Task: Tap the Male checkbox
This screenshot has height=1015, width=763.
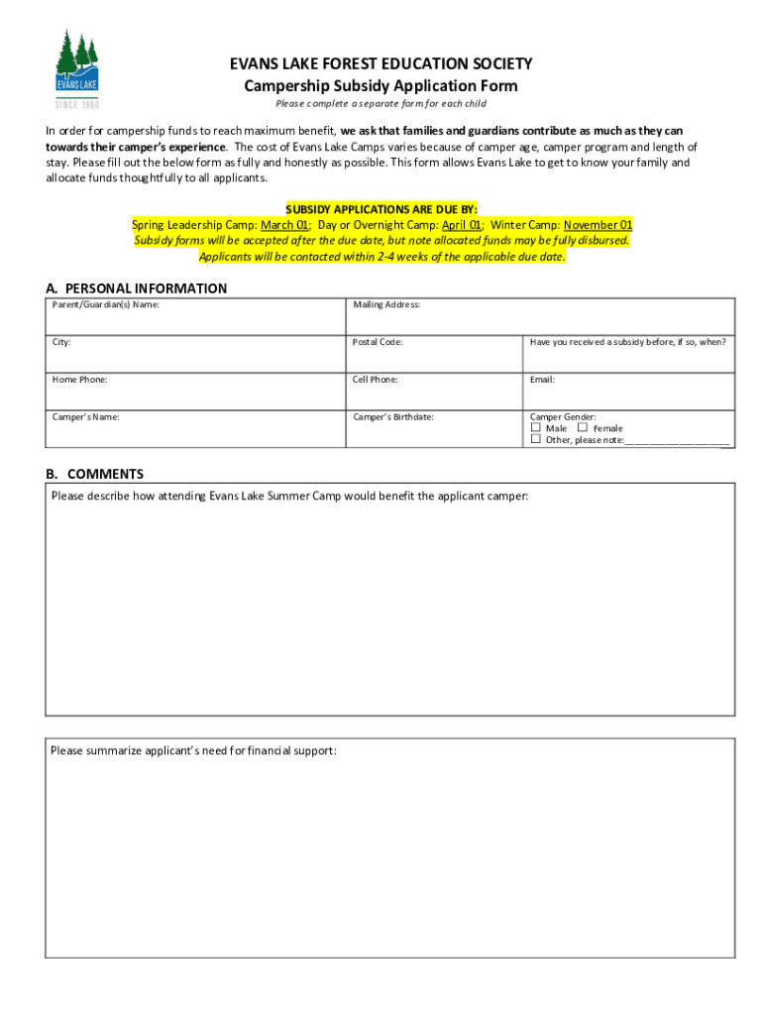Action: [x=536, y=428]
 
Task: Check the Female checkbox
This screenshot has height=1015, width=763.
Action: [x=583, y=428]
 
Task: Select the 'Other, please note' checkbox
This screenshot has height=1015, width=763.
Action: [x=536, y=439]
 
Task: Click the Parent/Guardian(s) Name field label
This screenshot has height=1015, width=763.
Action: [x=105, y=304]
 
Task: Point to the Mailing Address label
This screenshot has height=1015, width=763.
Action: [x=386, y=304]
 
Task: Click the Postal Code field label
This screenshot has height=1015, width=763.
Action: [x=378, y=342]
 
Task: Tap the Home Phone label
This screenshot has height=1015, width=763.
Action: [x=79, y=380]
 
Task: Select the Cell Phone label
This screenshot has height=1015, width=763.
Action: [x=376, y=380]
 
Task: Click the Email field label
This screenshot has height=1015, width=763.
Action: [x=542, y=380]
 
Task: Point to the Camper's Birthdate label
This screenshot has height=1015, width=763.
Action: [x=393, y=417]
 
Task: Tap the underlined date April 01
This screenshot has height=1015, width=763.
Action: [x=462, y=225]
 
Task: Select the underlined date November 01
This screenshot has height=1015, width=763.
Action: [x=599, y=225]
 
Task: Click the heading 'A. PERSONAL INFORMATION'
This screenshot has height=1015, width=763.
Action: [x=137, y=288]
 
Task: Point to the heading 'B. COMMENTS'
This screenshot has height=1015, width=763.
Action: [x=95, y=474]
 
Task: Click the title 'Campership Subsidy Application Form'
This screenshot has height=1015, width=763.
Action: [x=381, y=86]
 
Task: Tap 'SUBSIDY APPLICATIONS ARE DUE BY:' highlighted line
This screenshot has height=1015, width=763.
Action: [x=381, y=209]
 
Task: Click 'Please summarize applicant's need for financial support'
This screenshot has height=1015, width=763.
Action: [x=193, y=750]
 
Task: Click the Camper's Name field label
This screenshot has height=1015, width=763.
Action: [x=85, y=417]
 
